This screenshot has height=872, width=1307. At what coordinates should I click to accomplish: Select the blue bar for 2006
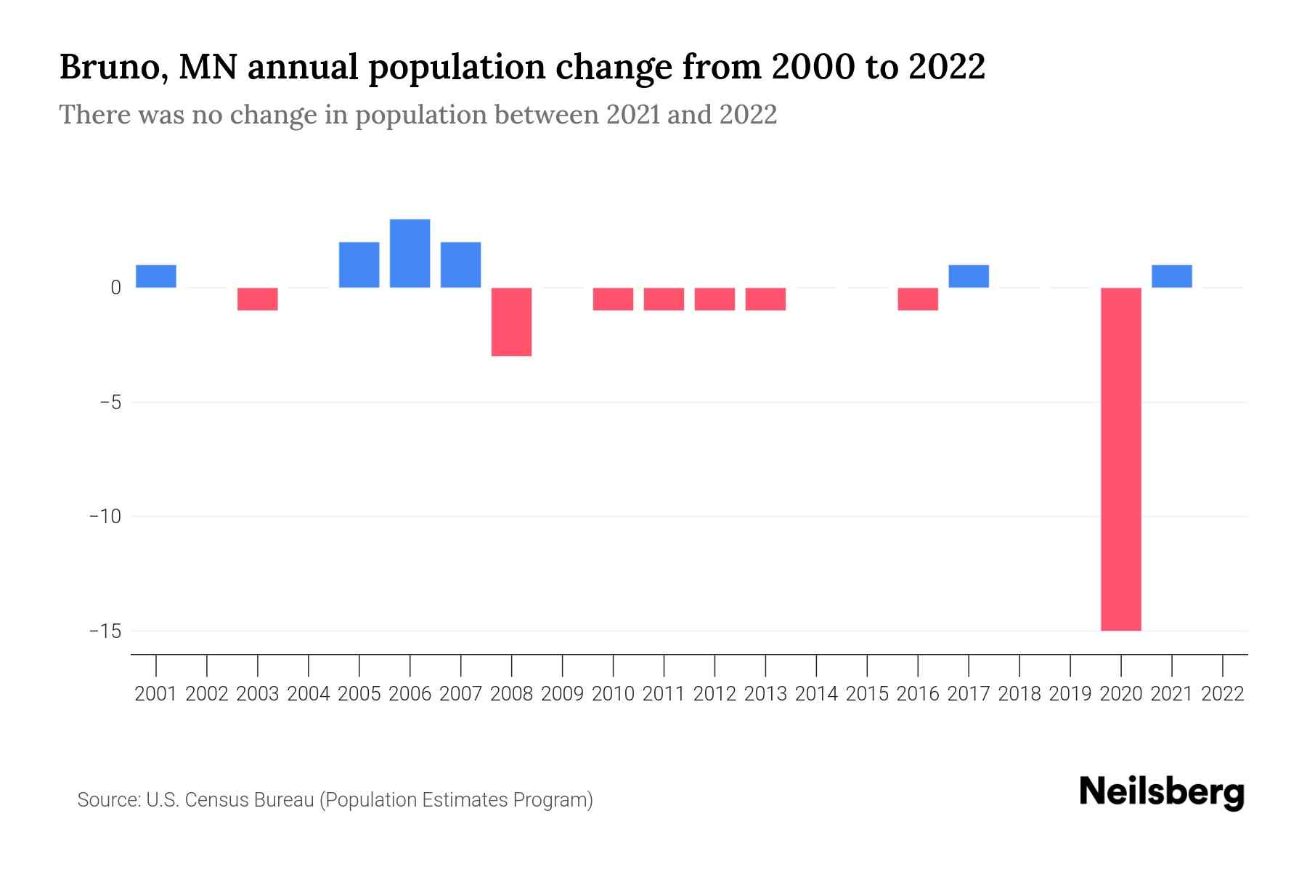410,254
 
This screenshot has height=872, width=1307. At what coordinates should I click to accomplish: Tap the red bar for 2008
511,321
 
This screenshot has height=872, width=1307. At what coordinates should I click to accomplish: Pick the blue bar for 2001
156,276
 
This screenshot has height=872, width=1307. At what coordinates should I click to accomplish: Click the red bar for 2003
258,299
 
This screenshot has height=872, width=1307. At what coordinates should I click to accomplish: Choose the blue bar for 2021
1171,276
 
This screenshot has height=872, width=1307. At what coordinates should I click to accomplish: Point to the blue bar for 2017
968,276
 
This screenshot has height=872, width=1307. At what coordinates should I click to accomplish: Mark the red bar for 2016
918,299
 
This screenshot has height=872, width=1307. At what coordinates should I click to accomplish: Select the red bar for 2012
714,299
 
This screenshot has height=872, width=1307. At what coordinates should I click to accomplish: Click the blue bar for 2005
359,265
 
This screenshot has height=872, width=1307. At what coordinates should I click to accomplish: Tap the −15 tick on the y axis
105,631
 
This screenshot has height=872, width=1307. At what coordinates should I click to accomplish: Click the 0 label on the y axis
115,288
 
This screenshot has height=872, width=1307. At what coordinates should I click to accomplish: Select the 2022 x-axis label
1223,694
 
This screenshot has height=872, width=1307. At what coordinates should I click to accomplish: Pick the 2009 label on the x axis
562,694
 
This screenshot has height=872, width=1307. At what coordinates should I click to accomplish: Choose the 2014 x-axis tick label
816,694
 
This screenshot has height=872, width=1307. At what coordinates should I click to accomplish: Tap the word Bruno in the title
113,68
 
